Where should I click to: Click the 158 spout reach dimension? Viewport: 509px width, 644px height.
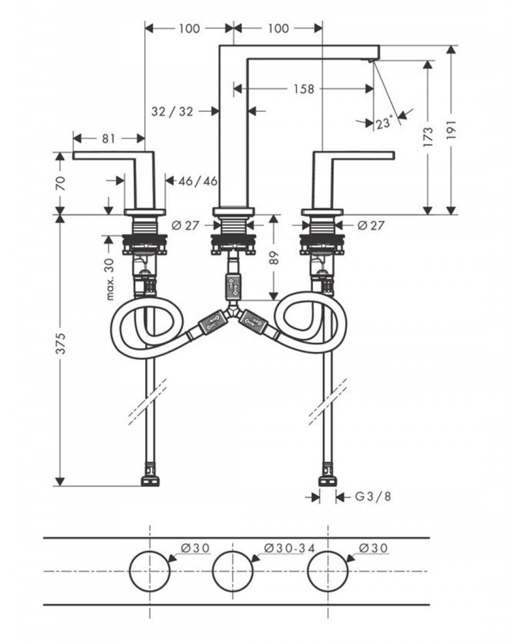[x=303, y=89]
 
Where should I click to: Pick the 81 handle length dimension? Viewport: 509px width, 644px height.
[x=109, y=138]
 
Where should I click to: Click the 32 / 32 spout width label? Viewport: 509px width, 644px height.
[x=172, y=111]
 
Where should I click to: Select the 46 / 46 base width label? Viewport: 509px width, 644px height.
[x=198, y=181]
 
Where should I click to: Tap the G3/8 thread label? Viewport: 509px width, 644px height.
[x=373, y=497]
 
